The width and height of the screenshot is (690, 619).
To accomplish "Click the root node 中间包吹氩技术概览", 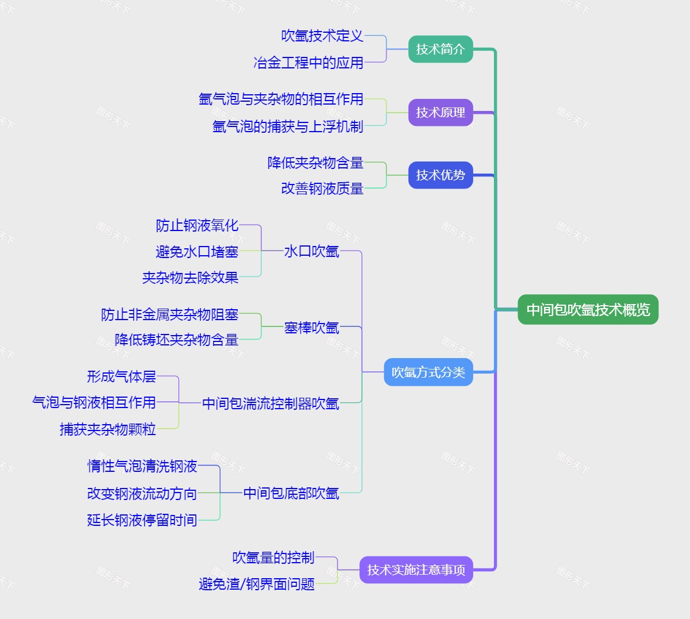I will [x=588, y=310].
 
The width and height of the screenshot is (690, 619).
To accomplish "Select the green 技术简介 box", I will [x=440, y=49].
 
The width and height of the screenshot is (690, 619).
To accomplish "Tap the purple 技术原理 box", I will [x=440, y=112].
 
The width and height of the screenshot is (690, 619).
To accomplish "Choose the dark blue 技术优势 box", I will [x=440, y=175].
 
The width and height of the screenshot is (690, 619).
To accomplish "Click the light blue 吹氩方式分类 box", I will [x=428, y=372].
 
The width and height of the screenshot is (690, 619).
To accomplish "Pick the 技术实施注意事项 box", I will [x=416, y=570].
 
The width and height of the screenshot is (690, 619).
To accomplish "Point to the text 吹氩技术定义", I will [x=322, y=36].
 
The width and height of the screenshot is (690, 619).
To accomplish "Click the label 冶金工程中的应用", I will [x=308, y=63].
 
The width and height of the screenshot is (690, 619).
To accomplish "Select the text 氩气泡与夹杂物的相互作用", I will [x=281, y=99].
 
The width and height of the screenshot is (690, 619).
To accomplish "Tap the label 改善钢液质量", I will [x=322, y=189].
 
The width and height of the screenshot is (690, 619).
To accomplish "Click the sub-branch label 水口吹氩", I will [x=311, y=251].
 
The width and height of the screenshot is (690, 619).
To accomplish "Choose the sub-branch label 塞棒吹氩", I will [x=311, y=328].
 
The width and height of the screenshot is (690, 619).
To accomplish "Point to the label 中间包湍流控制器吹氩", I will [x=270, y=403].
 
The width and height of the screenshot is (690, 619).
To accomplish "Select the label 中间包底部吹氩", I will [x=291, y=493].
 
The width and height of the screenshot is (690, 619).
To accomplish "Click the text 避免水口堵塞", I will [x=197, y=252].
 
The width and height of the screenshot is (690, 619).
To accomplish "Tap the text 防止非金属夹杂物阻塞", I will [x=170, y=314].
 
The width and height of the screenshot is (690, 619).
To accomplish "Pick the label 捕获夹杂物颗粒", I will [x=108, y=429].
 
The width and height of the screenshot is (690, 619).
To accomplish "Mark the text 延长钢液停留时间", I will [x=142, y=520].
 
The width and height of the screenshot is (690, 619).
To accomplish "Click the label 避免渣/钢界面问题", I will [x=256, y=584].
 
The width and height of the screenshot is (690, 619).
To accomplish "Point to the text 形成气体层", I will [x=121, y=376].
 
